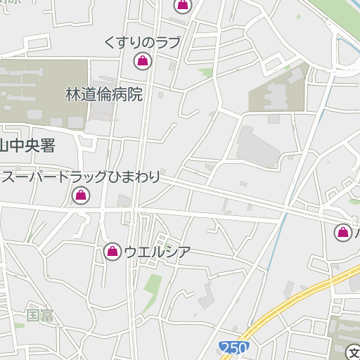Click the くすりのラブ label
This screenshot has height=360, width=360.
click(x=141, y=42)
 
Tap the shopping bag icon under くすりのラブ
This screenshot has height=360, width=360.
click(x=143, y=61)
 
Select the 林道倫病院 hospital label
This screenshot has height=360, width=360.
click(x=104, y=94)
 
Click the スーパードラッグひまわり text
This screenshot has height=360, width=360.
click(x=80, y=177)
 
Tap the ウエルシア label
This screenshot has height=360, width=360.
click(x=157, y=251)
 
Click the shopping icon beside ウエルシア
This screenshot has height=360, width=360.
click(x=112, y=251)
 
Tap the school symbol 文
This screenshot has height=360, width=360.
click(x=354, y=352)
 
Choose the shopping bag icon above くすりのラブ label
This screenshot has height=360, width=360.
click(x=183, y=6)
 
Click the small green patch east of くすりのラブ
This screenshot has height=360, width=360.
click(x=206, y=72)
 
